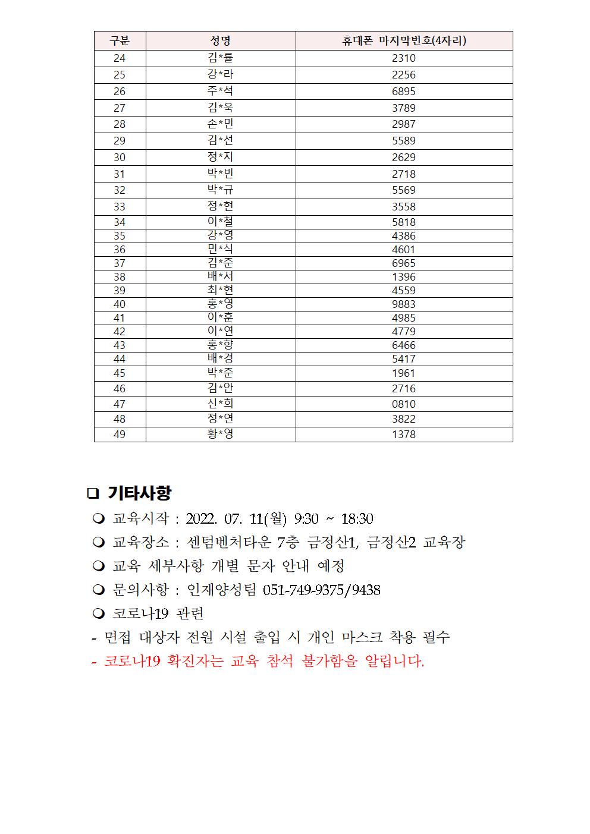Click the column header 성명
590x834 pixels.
(220, 40)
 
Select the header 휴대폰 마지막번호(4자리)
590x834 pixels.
(404, 40)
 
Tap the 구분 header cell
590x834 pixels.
(120, 40)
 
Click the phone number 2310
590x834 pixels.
(404, 58)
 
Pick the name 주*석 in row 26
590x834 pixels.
(220, 91)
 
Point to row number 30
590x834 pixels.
(120, 158)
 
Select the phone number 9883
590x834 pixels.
(404, 304)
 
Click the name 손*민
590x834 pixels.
(220, 124)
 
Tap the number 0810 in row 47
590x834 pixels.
(404, 404)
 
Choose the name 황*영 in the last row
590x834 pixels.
(220, 434)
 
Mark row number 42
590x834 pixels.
(120, 332)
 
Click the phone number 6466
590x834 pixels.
(404, 345)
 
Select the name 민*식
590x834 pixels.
(220, 250)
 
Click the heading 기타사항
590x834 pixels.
(140, 493)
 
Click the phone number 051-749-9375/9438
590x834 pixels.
(321, 590)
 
